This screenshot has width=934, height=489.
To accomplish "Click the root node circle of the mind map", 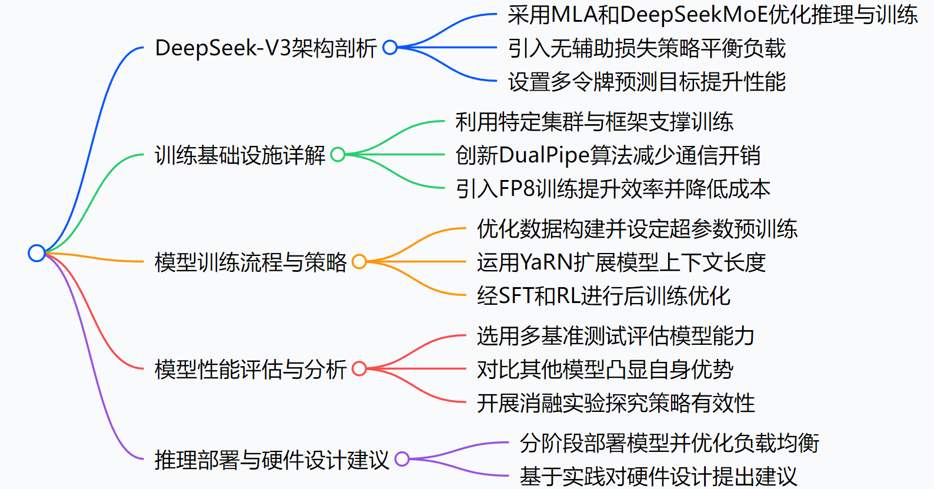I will (x=36, y=253).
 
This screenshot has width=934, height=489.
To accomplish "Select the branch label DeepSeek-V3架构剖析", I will (x=265, y=48).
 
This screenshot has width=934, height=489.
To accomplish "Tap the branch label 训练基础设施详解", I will (x=240, y=155).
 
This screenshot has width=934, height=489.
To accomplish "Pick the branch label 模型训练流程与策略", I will (x=251, y=262).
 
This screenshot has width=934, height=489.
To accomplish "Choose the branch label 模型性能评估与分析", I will (x=251, y=369).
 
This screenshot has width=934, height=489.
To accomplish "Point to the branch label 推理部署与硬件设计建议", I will (x=272, y=460).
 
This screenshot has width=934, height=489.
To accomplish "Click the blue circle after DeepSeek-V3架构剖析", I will (x=390, y=48).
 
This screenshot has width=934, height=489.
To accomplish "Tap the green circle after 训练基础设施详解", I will (x=338, y=155).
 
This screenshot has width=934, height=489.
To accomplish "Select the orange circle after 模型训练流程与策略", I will (x=359, y=262).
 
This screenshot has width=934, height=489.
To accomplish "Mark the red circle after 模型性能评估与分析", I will (x=359, y=369).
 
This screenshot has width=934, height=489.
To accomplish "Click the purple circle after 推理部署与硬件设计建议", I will (x=402, y=459).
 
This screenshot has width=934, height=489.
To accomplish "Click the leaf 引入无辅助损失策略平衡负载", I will (x=646, y=48).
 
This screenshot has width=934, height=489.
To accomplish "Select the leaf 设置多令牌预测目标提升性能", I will (x=646, y=82).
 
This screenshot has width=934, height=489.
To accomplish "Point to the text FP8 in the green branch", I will (x=517, y=189).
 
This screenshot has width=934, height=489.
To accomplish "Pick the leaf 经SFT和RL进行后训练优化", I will (x=603, y=296).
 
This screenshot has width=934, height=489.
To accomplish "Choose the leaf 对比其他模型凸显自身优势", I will (x=605, y=370).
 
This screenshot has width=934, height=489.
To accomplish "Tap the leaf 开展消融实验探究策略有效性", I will (x=616, y=403).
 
